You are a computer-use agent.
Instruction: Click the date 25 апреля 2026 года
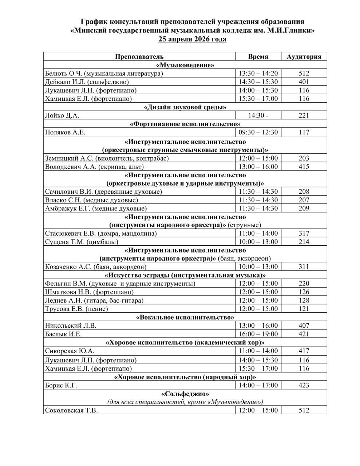(x=192, y=39)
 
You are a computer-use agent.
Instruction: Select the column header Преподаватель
(x=139, y=56)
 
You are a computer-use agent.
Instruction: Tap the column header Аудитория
(x=304, y=56)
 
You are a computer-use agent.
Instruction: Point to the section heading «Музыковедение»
(x=185, y=65)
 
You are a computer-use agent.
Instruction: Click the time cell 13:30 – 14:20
(x=258, y=73)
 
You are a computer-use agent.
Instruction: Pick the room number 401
(x=304, y=82)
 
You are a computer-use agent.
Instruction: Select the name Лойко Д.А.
(x=62, y=115)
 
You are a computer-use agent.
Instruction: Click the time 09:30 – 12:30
(x=258, y=132)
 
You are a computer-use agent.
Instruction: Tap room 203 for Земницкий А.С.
(x=304, y=158)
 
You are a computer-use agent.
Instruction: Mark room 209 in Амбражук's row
(x=304, y=208)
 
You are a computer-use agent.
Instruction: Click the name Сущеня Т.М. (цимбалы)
(x=82, y=242)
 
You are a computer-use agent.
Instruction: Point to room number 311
(x=304, y=267)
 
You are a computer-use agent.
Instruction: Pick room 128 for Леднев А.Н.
(x=304, y=300)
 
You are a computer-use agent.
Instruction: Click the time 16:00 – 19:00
(x=258, y=334)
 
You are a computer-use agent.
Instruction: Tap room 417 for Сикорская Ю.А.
(x=304, y=351)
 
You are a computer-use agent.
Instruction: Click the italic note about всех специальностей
(x=185, y=402)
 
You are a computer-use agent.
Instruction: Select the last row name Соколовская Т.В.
(x=71, y=410)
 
